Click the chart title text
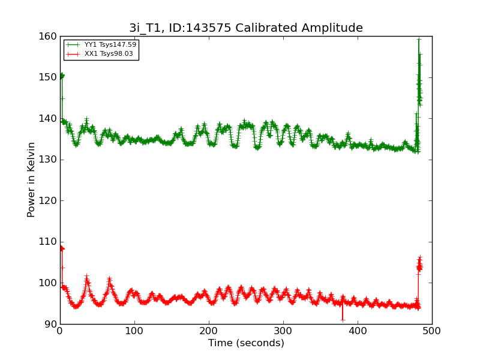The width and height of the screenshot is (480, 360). point(246,28)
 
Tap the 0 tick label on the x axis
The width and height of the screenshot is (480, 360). point(60,331)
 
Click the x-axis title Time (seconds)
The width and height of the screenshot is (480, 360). point(246,343)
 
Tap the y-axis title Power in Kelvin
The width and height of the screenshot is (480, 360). point(31,179)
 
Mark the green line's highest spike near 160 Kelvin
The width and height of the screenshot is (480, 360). point(419,39)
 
